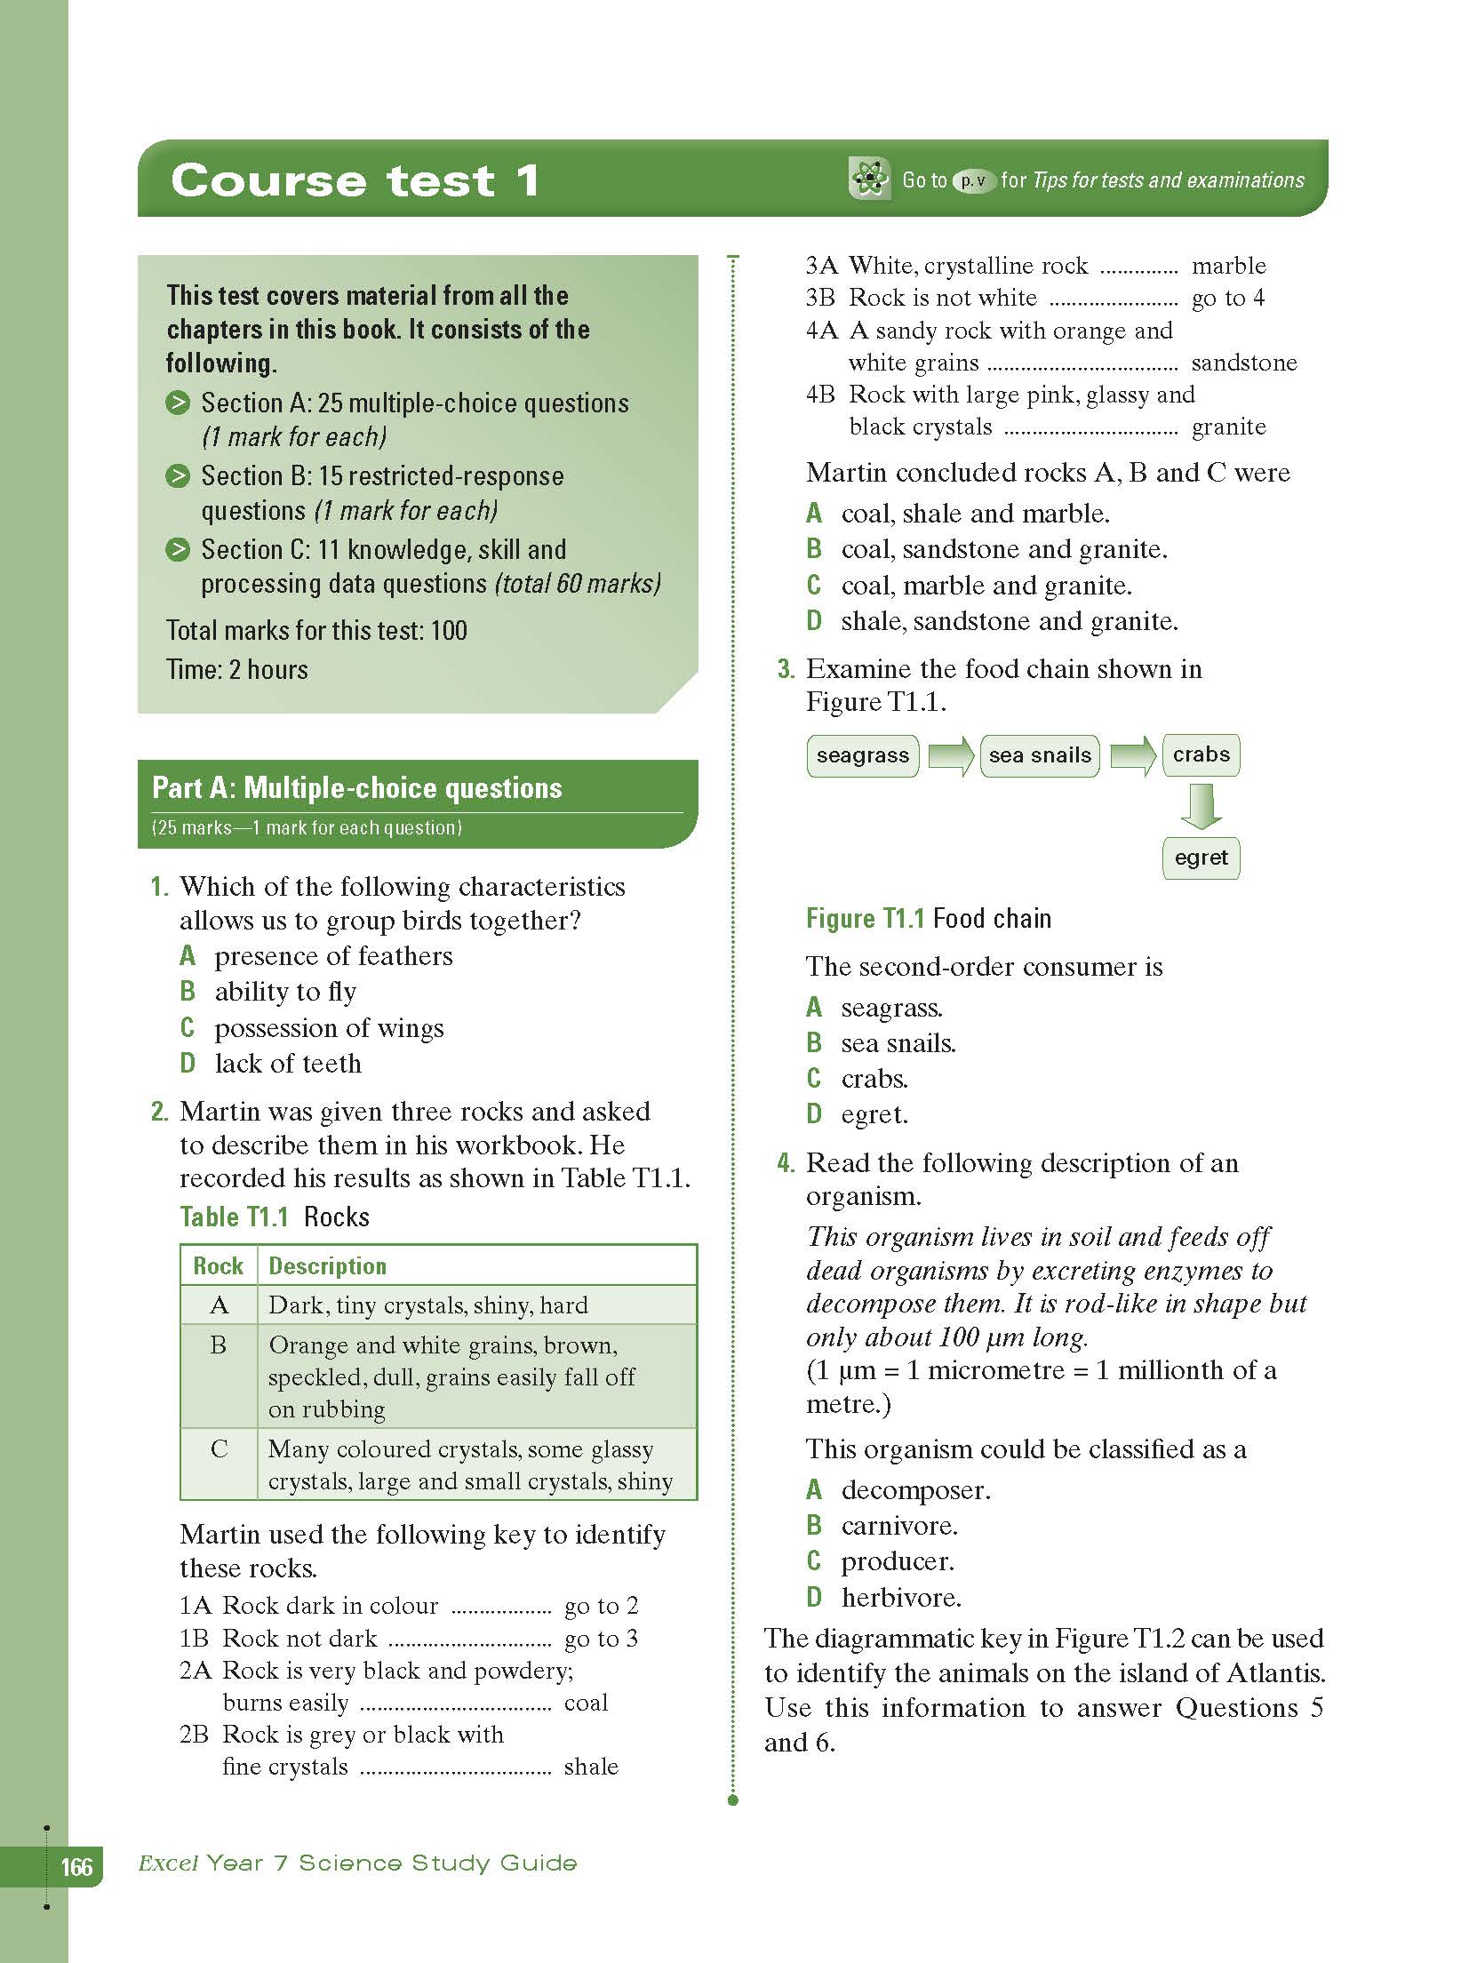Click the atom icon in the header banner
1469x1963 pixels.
(868, 180)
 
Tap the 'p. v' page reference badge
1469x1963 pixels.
(974, 180)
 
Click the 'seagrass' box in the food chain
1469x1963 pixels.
(862, 755)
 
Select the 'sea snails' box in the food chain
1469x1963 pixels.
(1039, 755)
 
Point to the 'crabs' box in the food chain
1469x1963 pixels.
(1201, 754)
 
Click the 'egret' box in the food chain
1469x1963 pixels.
(1201, 858)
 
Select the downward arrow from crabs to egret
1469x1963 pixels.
(1201, 806)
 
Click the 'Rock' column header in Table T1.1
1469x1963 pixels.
(219, 1265)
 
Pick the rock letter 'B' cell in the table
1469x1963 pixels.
(219, 1345)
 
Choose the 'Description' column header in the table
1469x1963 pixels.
(327, 1265)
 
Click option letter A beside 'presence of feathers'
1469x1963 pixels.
(188, 956)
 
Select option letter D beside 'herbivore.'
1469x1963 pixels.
(814, 1597)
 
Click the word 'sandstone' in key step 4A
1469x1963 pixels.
(1243, 363)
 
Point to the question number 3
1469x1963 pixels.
(786, 669)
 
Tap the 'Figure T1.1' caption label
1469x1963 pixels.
(865, 918)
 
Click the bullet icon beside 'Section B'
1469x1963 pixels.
(178, 476)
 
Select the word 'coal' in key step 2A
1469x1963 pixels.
(586, 1702)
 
